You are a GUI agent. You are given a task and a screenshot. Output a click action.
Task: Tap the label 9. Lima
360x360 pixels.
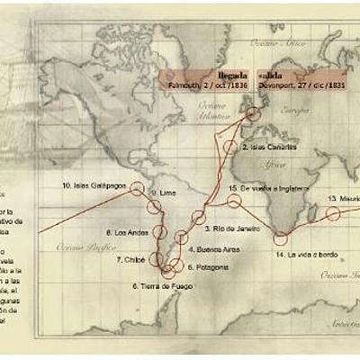(x=163, y=193)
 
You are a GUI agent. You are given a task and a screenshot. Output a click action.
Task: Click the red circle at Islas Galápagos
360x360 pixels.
(x=137, y=188)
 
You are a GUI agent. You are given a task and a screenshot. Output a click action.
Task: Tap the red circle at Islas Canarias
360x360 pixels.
(x=232, y=147)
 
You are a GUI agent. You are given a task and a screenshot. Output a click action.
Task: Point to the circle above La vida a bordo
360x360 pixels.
(x=280, y=238)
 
